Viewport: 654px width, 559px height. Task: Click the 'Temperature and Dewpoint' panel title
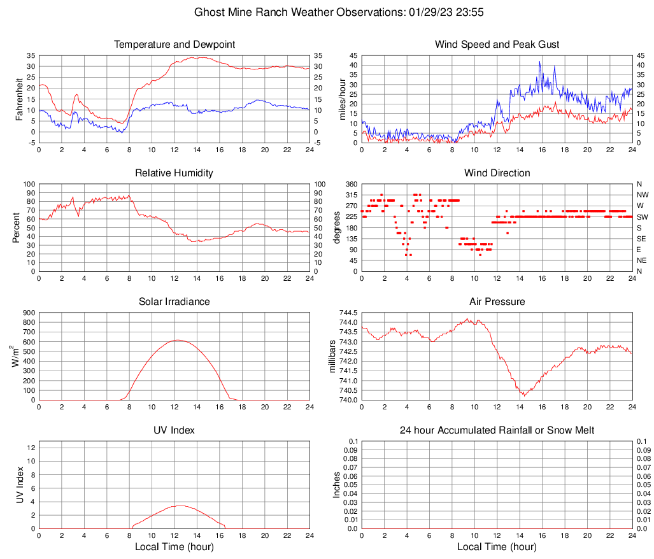[174, 45]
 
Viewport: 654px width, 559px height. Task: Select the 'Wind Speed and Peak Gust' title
[497, 45]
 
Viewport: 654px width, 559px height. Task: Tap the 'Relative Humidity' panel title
[174, 173]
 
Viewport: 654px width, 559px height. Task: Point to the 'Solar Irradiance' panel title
[174, 302]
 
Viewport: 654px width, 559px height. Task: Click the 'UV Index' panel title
[174, 430]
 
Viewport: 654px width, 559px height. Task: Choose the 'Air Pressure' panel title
[497, 302]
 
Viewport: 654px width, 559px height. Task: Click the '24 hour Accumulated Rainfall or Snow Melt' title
[497, 430]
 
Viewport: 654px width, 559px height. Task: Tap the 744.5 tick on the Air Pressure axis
[348, 313]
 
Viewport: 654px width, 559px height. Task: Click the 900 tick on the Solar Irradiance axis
[28, 313]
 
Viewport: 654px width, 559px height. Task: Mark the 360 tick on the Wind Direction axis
[350, 184]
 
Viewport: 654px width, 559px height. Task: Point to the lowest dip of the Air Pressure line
[523, 395]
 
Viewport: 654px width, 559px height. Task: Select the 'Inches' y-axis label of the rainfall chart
[337, 485]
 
